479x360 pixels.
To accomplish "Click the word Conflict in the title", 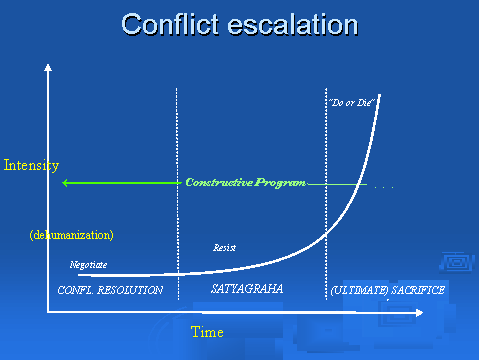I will click(x=171, y=24).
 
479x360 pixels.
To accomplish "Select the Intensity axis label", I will click(x=31, y=165).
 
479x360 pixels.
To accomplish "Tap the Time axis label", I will click(x=207, y=331).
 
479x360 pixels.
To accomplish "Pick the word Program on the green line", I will click(x=282, y=183).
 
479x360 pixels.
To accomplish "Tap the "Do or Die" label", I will click(x=345, y=102).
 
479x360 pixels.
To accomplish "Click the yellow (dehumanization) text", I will click(x=71, y=235).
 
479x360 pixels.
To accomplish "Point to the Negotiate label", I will click(x=88, y=265).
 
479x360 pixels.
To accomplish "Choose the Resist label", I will click(x=224, y=247).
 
